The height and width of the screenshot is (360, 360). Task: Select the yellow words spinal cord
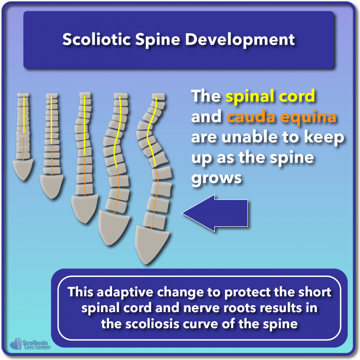[x=270, y=96]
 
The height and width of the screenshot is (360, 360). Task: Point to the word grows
[x=216, y=178]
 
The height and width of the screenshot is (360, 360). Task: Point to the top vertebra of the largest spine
[x=157, y=97]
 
